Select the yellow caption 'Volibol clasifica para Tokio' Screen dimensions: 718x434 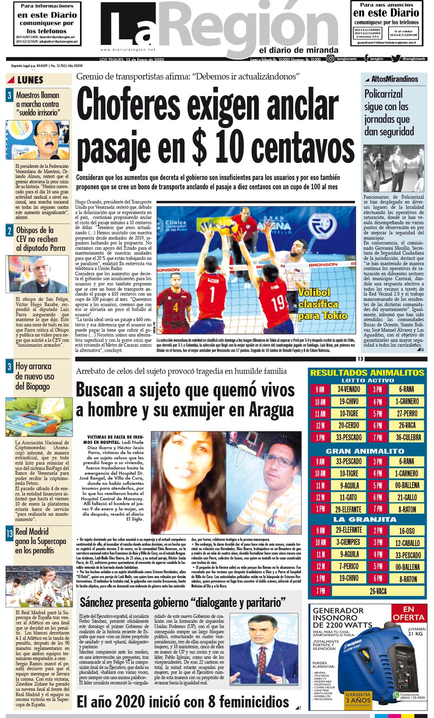322,304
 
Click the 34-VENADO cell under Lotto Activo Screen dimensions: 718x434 349,390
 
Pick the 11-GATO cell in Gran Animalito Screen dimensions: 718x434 349,497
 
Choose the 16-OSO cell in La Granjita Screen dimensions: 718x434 406,531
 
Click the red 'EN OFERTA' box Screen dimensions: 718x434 408,614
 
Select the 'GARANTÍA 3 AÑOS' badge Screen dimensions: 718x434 358,699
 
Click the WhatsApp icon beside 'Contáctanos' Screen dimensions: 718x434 396,695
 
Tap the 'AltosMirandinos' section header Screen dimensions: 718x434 394,79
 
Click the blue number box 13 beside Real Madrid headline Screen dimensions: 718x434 9,534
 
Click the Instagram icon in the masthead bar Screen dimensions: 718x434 331,59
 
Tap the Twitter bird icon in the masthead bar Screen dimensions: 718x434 395,59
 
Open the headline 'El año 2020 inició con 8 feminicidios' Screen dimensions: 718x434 183,702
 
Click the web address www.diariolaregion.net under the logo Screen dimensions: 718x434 128,50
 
